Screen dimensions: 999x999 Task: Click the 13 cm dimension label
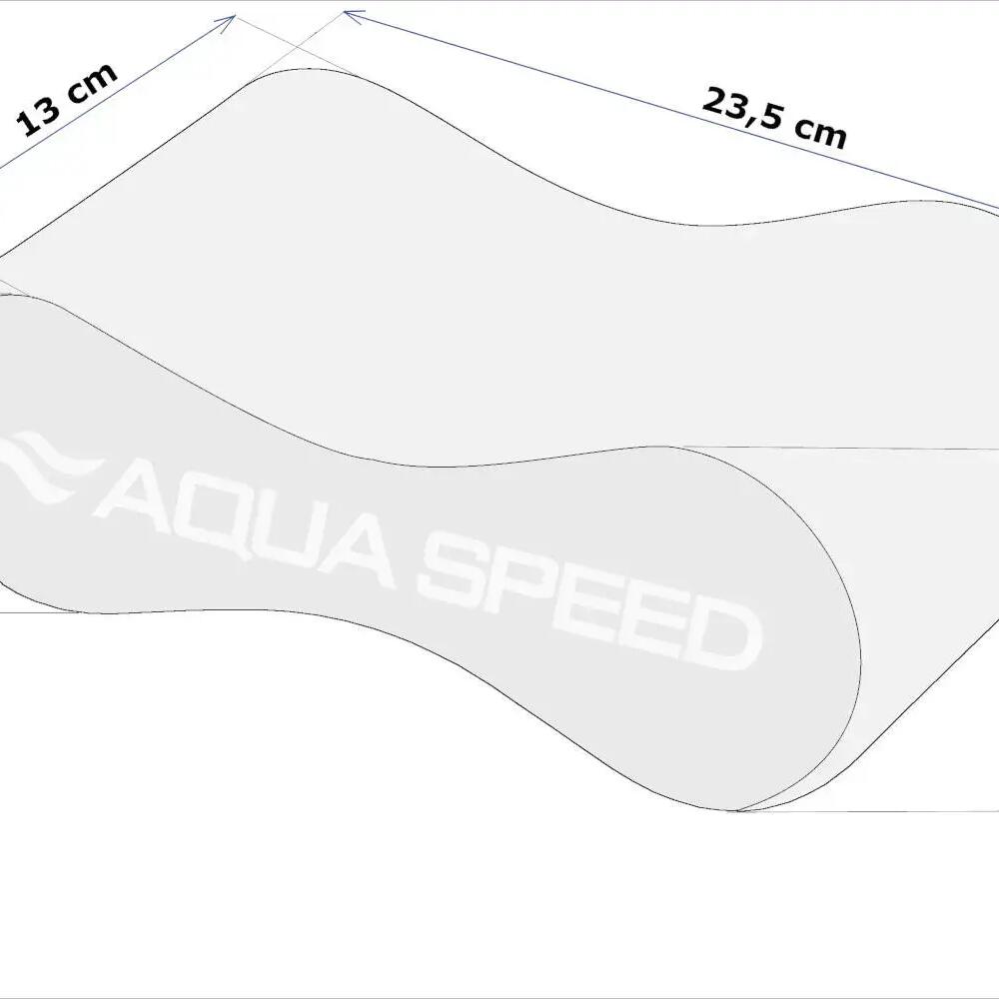point(67,99)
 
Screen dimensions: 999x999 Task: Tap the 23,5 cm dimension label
point(774,119)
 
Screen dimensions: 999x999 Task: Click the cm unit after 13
point(92,82)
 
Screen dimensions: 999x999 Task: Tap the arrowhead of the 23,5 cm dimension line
point(353,15)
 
